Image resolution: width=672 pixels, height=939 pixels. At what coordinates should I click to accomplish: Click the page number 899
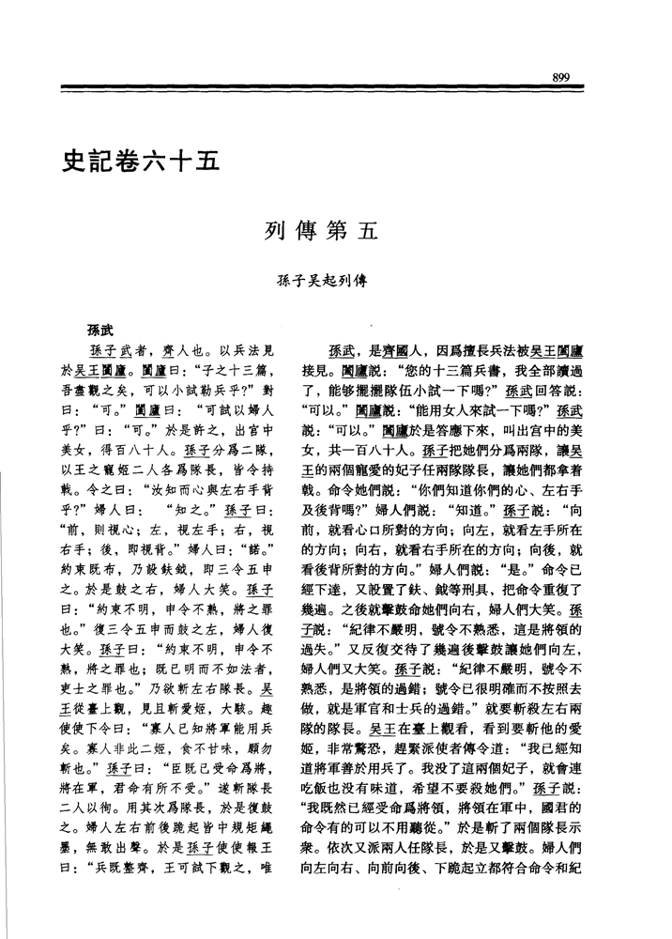pos(563,75)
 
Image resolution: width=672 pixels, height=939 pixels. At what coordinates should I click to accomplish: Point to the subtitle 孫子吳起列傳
pos(315,281)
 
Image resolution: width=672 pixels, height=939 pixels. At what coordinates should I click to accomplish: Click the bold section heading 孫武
pos(100,329)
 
